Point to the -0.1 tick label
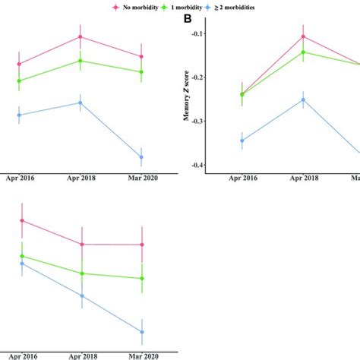tap(195, 34)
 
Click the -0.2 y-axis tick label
tap(195, 77)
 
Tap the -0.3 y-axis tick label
tap(195, 122)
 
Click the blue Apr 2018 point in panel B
tap(303, 99)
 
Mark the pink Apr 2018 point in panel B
tap(303, 36)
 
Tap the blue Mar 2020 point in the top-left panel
tap(141, 157)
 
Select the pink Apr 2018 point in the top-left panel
tap(81, 36)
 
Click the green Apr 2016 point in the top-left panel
tap(20, 81)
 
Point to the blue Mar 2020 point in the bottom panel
tap(141, 332)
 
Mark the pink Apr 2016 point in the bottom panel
tap(22, 220)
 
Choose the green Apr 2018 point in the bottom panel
tap(81, 273)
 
